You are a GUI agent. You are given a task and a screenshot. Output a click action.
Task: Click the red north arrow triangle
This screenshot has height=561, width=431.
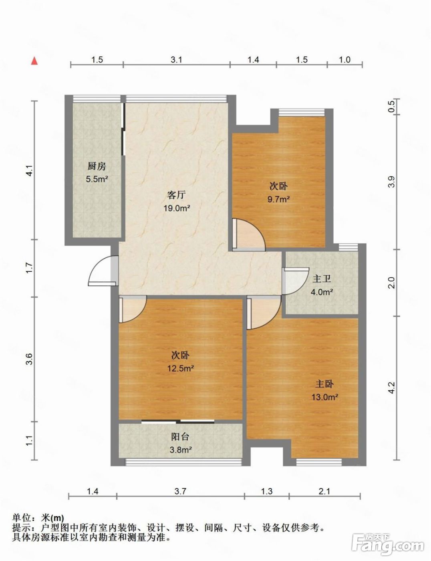(x=34, y=61)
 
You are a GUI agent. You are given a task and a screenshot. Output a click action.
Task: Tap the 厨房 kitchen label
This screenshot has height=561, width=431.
(x=97, y=166)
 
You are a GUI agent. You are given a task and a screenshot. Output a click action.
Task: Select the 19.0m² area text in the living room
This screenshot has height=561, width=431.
(x=177, y=208)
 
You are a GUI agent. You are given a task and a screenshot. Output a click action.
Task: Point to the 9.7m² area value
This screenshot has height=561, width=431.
(x=278, y=199)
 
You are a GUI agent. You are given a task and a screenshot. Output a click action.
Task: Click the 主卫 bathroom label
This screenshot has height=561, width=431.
(x=322, y=279)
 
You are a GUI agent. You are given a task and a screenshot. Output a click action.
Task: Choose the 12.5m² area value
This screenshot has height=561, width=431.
(x=181, y=368)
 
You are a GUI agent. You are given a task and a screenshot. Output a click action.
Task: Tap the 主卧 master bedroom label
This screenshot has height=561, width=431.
(x=324, y=384)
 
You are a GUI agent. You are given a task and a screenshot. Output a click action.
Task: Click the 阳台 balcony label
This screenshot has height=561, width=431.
(x=180, y=437)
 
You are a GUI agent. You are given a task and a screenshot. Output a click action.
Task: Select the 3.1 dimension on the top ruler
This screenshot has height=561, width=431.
(x=176, y=60)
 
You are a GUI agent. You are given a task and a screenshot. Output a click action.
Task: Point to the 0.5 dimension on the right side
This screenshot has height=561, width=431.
(x=391, y=106)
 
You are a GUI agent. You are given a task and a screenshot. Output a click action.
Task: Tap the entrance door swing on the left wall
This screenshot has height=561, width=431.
(x=103, y=271)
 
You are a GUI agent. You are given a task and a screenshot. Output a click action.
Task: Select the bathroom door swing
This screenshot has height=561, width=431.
(x=296, y=281)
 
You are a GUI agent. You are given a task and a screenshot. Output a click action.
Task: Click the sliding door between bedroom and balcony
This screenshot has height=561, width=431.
(x=178, y=422)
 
